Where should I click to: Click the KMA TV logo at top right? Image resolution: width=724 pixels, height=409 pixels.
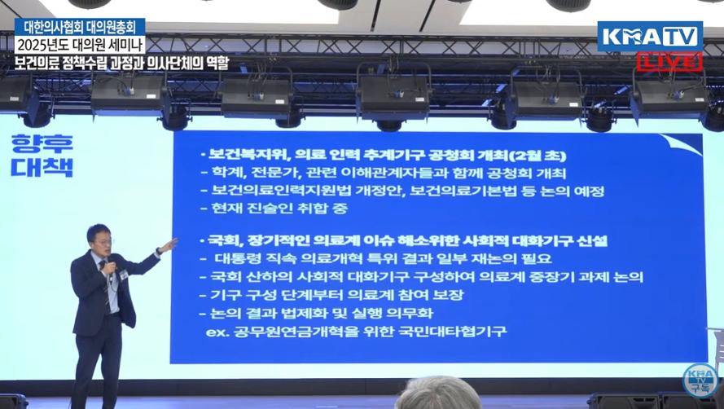[650, 37]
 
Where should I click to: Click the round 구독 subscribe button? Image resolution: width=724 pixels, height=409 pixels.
[700, 380]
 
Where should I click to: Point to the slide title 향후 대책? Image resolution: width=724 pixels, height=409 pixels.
[42, 156]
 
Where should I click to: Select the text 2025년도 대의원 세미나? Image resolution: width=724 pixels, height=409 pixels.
[80, 46]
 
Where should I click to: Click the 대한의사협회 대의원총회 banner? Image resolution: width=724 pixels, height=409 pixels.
[80, 27]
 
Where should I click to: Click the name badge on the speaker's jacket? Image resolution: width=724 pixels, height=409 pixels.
[123, 275]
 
